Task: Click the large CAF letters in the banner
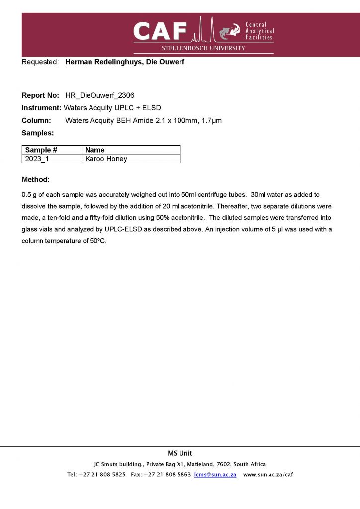(x=160, y=32)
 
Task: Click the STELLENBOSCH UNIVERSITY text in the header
(x=203, y=48)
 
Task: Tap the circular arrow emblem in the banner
(x=229, y=31)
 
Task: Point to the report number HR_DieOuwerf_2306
(x=100, y=95)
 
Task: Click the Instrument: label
(x=42, y=107)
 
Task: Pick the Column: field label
(x=36, y=120)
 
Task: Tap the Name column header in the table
(x=95, y=150)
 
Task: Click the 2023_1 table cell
(x=37, y=159)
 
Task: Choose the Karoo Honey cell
(x=106, y=159)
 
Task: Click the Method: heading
(x=36, y=179)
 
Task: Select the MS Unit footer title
(x=180, y=453)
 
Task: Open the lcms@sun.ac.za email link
(x=215, y=474)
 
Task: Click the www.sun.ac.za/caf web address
(x=268, y=474)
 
